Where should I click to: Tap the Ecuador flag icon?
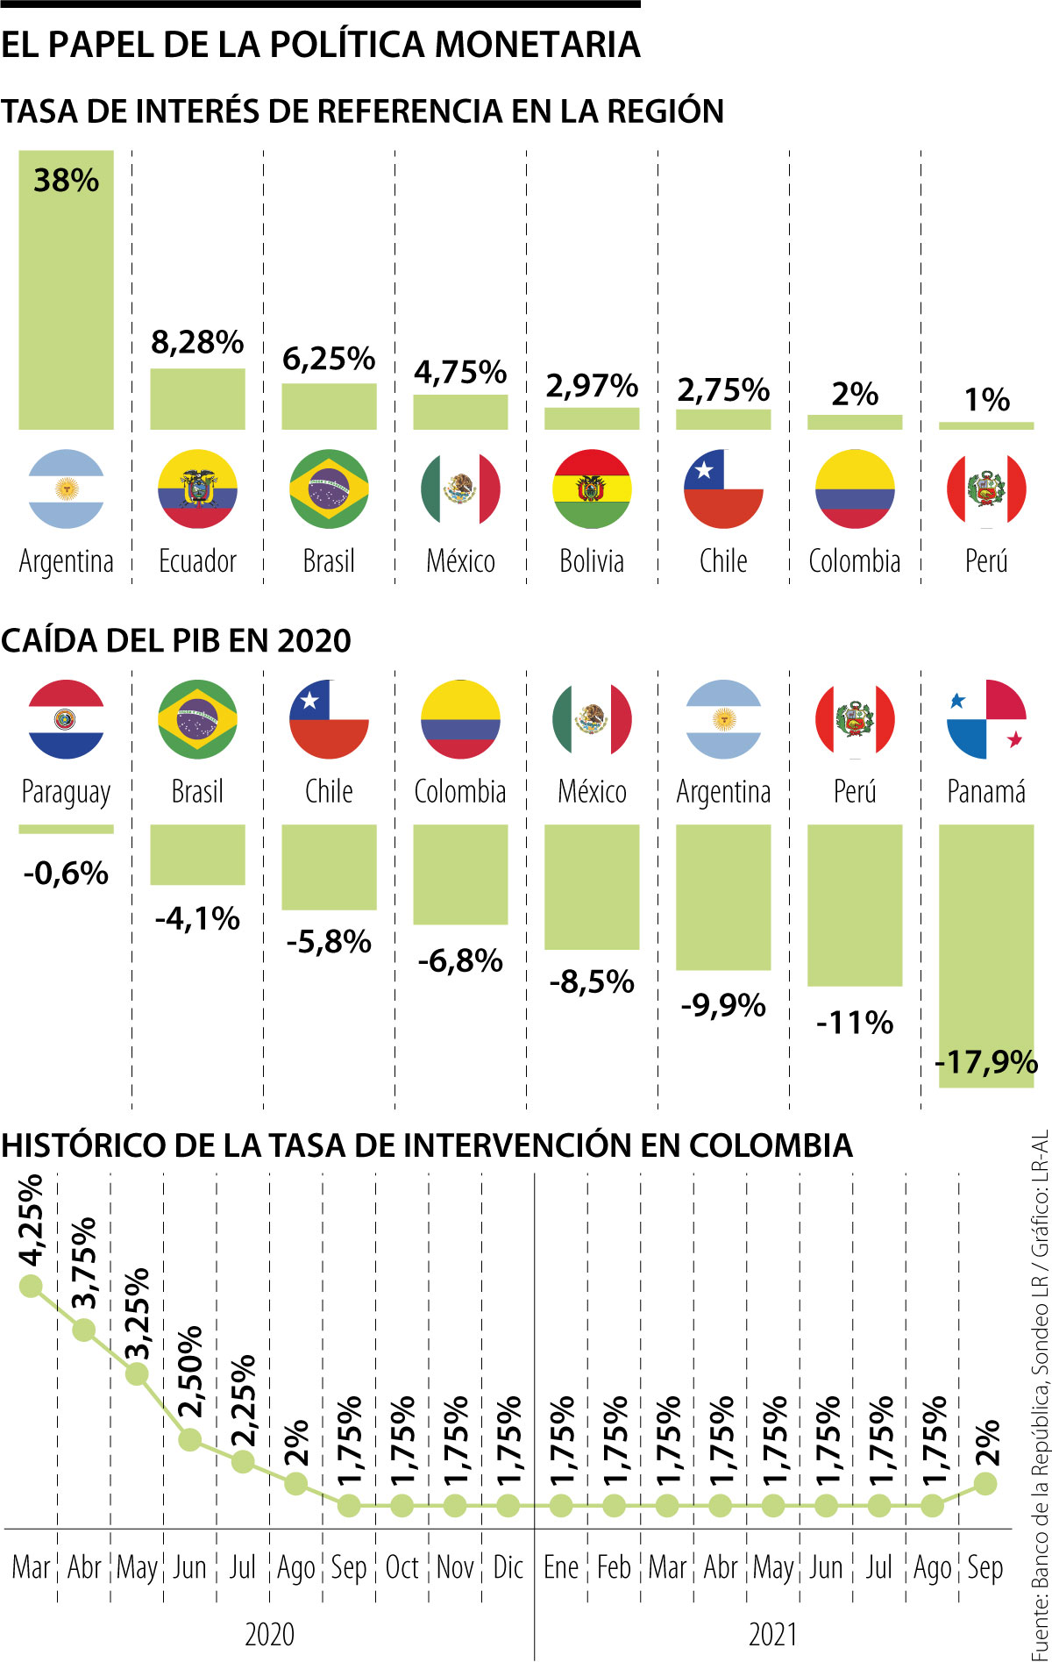coord(197,489)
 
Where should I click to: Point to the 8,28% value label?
coord(197,342)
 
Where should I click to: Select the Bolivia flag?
coord(592,489)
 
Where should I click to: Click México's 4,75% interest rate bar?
coord(460,412)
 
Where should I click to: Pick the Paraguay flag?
coord(66,719)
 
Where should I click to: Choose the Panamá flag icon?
coord(986,719)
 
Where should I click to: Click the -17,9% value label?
coord(986,1062)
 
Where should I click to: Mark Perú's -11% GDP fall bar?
coord(855,905)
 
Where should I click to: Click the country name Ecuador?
coord(197,561)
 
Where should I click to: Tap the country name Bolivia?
coord(592,561)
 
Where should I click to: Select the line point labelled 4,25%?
coord(31,1287)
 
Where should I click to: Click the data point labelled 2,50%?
coord(189,1439)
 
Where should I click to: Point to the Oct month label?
coord(402,1566)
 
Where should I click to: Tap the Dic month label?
coord(508,1566)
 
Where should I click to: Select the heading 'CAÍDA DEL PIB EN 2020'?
coord(175,641)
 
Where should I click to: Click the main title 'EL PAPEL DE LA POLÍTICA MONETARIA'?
coord(320,45)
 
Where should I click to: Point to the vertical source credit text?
coord(1040,1395)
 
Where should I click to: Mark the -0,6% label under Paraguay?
coord(66,874)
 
